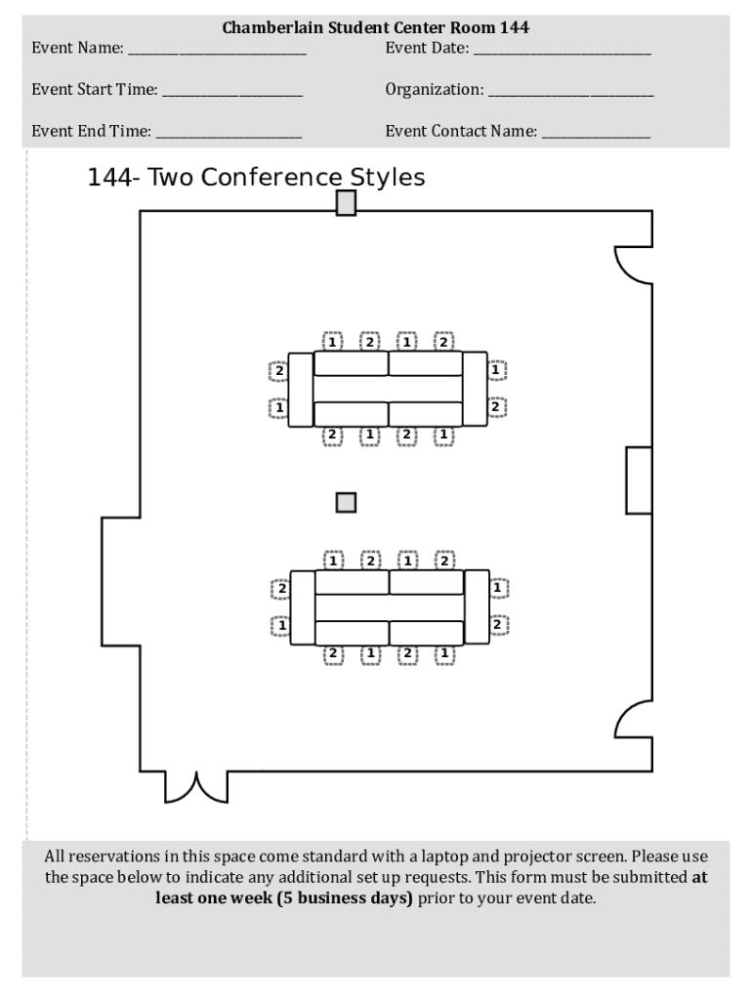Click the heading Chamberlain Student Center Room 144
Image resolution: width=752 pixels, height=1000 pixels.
[376, 27]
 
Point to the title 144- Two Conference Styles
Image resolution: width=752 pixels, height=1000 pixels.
[257, 178]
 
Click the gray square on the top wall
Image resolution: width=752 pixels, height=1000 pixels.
[346, 203]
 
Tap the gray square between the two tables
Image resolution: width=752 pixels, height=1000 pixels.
[346, 502]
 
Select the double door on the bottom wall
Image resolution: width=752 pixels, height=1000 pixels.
[196, 786]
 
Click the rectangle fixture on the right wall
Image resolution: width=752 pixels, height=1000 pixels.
[639, 479]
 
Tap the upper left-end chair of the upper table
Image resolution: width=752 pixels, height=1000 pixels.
[278, 371]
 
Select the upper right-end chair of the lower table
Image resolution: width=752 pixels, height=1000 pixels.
[498, 588]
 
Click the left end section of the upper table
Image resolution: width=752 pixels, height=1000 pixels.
[301, 389]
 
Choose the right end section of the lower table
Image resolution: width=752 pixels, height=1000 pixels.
[476, 606]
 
